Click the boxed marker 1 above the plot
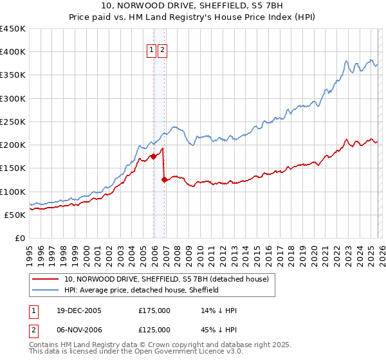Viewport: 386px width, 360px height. pyautogui.click(x=151, y=51)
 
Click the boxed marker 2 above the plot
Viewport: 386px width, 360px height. pyautogui.click(x=162, y=51)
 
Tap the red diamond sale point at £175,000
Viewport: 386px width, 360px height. pyautogui.click(x=154, y=156)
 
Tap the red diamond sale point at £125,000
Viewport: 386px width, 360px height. pyautogui.click(x=164, y=180)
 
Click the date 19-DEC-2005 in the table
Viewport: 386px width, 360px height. pyautogui.click(x=75, y=310)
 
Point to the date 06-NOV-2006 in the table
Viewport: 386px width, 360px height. pyautogui.click(x=75, y=329)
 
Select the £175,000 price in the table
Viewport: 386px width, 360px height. pyautogui.click(x=154, y=310)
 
